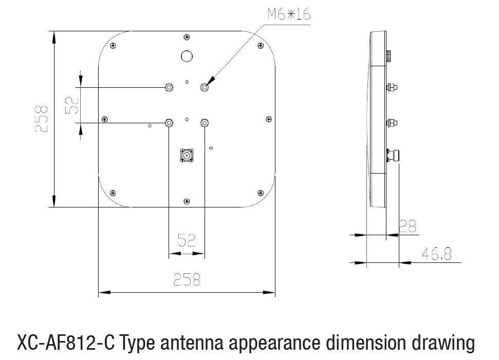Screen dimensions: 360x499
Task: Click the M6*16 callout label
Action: [289, 15]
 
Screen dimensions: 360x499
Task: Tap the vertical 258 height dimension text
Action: [41, 119]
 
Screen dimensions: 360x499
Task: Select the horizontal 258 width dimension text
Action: [187, 279]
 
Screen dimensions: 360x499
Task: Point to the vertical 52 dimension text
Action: [72, 105]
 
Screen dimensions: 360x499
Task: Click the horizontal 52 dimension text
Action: [187, 240]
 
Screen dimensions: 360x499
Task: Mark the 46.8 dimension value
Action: [436, 253]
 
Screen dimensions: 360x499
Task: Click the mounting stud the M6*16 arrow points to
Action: [205, 87]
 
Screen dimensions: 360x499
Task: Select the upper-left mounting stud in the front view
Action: [169, 87]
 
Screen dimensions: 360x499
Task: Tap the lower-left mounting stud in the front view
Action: [169, 123]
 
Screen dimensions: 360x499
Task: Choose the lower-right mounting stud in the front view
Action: [205, 123]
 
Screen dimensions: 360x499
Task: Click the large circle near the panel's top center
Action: [187, 55]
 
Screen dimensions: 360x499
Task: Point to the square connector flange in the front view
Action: [187, 155]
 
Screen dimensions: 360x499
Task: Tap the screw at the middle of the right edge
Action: [268, 119]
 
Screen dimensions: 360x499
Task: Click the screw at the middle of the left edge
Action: [105, 120]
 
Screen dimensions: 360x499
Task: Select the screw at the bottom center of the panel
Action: [187, 201]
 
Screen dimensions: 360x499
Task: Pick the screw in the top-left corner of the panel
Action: [113, 46]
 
